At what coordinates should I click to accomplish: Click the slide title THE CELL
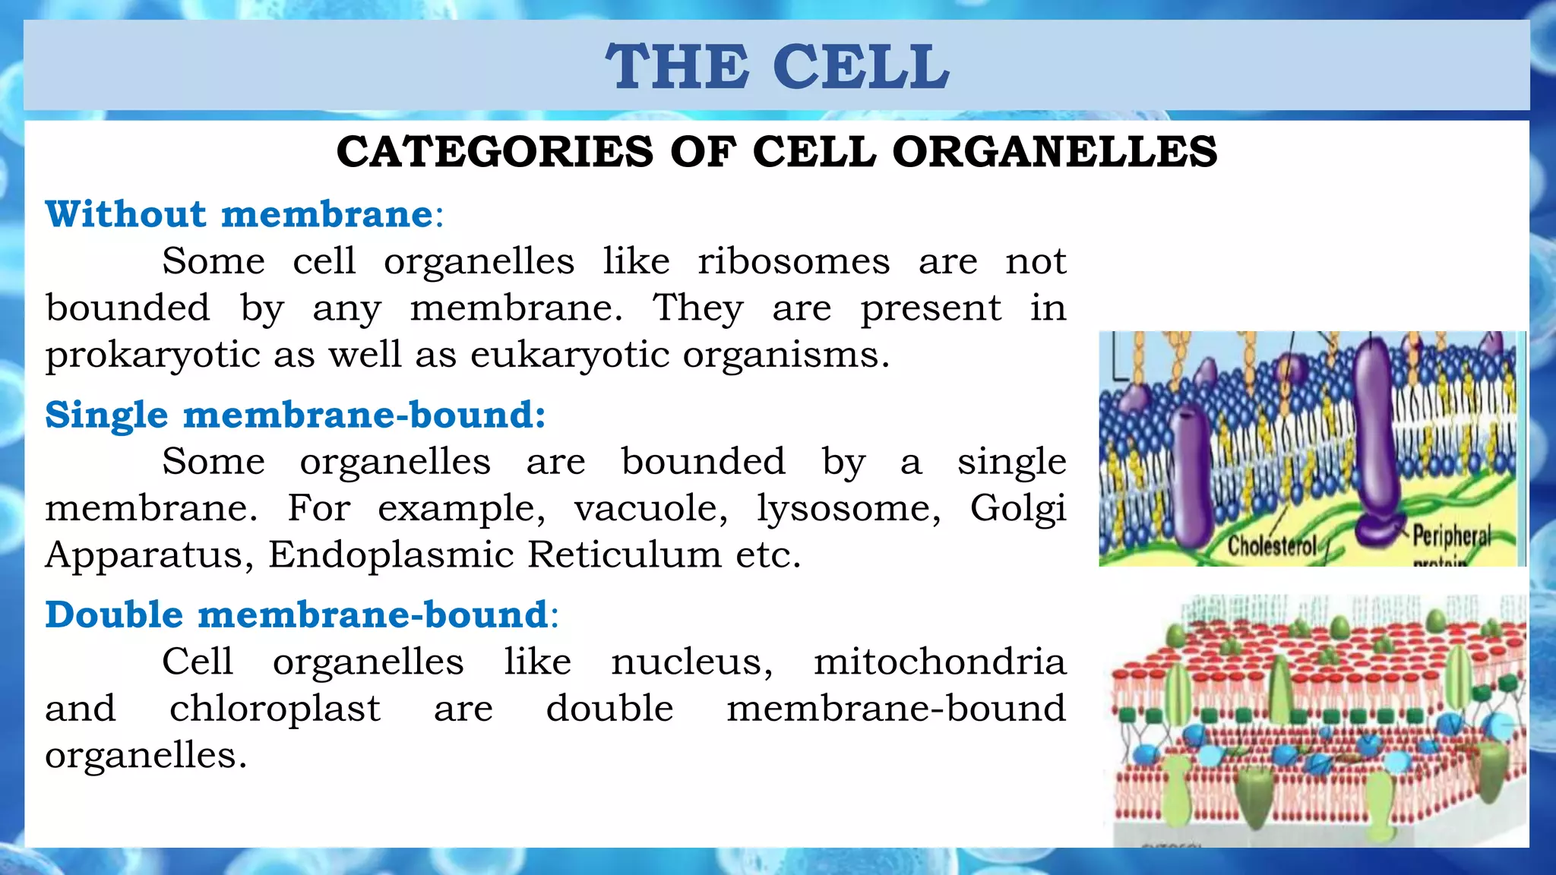pos(776,67)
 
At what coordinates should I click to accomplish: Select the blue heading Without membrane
pos(239,214)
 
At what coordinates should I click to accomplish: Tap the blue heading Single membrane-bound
pos(295,415)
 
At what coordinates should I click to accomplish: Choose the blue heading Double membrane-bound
pos(296,614)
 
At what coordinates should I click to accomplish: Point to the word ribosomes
pos(793,262)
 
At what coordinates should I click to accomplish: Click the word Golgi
pos(1017,508)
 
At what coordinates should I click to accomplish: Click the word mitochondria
pos(939,662)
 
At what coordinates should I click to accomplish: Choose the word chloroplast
pos(274,709)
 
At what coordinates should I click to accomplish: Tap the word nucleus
pos(691,662)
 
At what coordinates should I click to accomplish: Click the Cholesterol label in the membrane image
pos(1271,545)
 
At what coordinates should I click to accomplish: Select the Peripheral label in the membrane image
pos(1451,536)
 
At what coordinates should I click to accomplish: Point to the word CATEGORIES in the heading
pos(494,152)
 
